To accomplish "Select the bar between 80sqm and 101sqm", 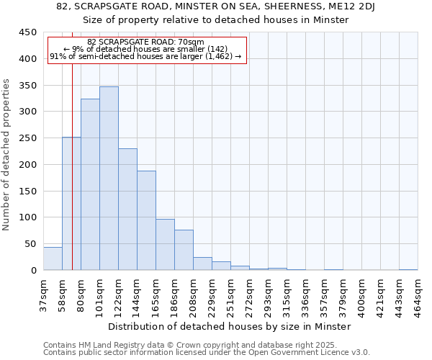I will point(90,184).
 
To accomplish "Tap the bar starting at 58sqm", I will point(71,204).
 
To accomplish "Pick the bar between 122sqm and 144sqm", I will point(127,210).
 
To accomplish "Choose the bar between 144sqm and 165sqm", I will point(146,220).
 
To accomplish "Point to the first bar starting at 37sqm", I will point(53,258).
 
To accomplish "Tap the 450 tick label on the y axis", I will point(27,32).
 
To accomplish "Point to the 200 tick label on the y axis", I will point(27,165).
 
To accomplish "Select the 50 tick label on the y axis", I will point(30,244).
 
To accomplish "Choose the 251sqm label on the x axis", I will point(230,292).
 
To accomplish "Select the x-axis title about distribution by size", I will point(230,326).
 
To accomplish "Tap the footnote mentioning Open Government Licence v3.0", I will point(207,352).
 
